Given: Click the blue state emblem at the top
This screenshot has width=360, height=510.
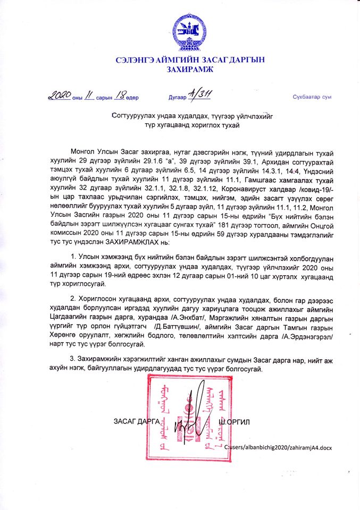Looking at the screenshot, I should (x=188, y=33).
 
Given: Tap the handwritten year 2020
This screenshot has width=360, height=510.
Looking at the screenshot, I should (x=58, y=96).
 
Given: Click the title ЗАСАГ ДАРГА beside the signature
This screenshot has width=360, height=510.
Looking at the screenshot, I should (x=137, y=421).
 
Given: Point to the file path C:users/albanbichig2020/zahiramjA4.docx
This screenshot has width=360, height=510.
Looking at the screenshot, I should (x=278, y=448).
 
